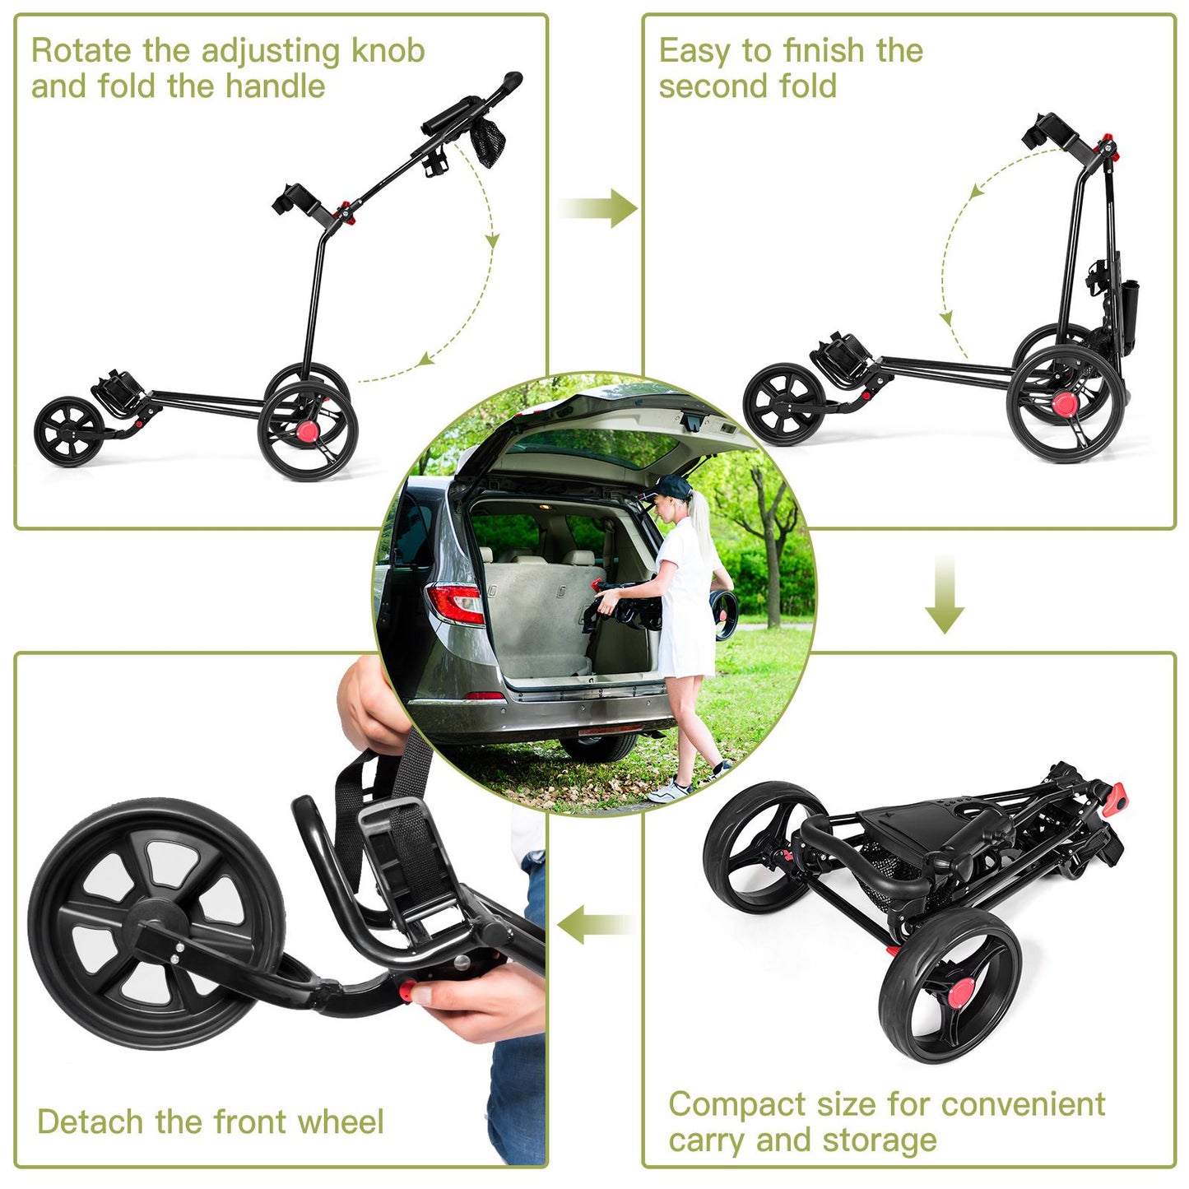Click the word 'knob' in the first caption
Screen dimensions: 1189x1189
pyautogui.click(x=388, y=51)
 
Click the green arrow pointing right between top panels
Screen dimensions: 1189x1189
pyautogui.click(x=599, y=208)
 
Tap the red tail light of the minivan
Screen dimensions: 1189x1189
pyautogui.click(x=455, y=603)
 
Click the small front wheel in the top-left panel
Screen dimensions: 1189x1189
pyautogui.click(x=69, y=432)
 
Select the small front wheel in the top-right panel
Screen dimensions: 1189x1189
pyautogui.click(x=784, y=405)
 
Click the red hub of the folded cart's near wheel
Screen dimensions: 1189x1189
pyautogui.click(x=958, y=994)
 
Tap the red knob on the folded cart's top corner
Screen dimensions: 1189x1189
pyautogui.click(x=1117, y=797)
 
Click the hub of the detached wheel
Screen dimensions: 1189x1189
pyautogui.click(x=156, y=923)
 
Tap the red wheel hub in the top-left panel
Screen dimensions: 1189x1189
pyautogui.click(x=308, y=431)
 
